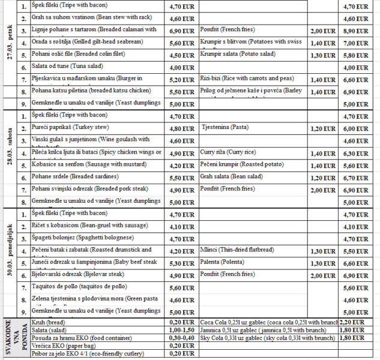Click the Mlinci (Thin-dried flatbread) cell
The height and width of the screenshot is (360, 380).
[237, 250]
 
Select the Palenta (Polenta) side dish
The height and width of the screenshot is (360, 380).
[219, 263]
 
